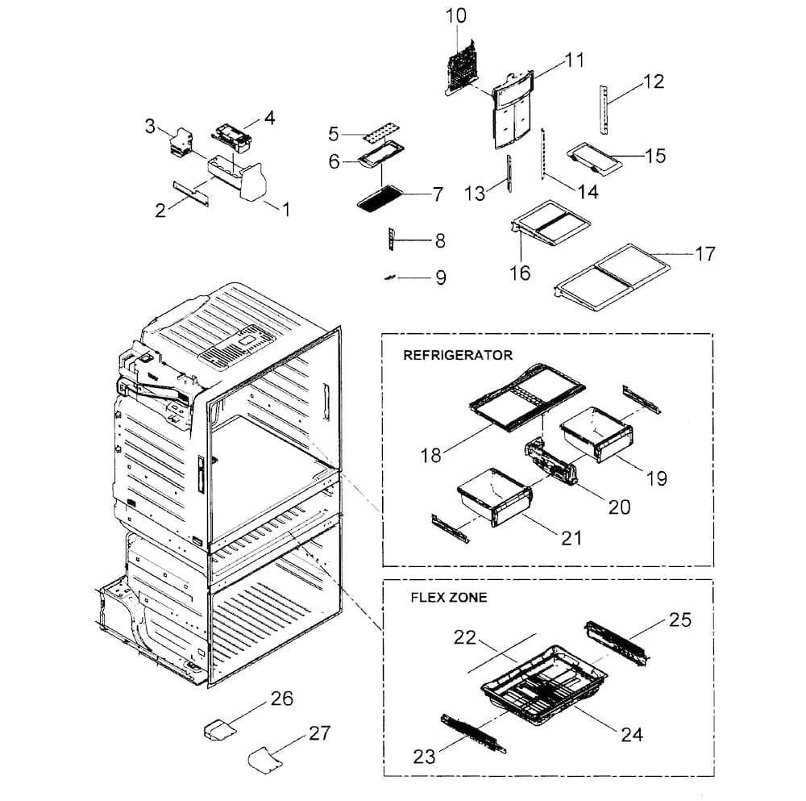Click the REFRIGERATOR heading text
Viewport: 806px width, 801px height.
[458, 355]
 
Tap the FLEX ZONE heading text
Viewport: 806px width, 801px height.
[449, 597]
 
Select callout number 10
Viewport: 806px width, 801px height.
[456, 16]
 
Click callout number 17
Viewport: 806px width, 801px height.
[705, 253]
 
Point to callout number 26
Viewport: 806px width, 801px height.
[282, 699]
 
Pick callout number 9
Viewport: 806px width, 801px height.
[441, 277]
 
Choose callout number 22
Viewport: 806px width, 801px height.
[465, 638]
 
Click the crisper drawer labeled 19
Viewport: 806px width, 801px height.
[596, 433]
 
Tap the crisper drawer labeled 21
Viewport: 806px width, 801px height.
[495, 496]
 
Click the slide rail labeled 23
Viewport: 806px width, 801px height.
[473, 733]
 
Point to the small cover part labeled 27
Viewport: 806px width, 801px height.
[266, 760]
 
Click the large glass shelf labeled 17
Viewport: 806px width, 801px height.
[613, 277]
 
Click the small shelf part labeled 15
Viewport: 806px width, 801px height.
[595, 158]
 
